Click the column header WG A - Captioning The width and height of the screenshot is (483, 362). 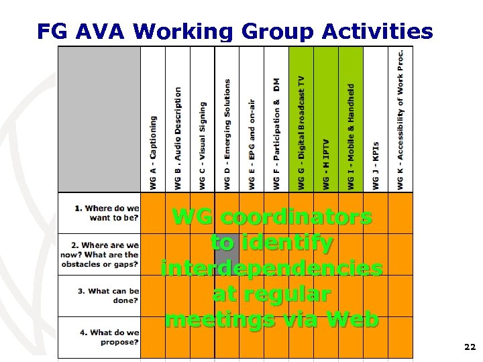(153, 152)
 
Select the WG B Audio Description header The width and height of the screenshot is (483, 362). (178, 137)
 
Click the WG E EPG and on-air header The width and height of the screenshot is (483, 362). (252, 144)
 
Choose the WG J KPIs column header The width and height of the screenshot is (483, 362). (376, 165)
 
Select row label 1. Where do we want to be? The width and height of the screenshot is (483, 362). (107, 213)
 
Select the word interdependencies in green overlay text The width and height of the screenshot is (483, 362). (272, 268)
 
